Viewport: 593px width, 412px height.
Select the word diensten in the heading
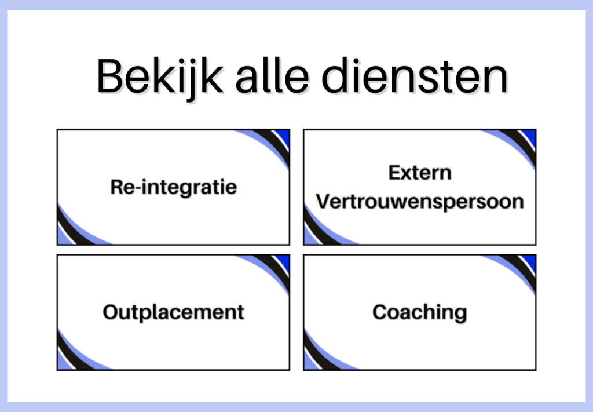click(x=415, y=76)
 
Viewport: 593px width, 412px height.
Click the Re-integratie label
click(x=174, y=188)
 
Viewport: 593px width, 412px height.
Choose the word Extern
click(x=420, y=173)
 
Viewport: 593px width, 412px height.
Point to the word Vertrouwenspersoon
click(x=420, y=202)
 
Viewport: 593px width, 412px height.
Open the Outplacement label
click(x=174, y=312)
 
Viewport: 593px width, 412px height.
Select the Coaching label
click(x=420, y=312)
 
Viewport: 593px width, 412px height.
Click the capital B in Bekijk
click(x=111, y=76)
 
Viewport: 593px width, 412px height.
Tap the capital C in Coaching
click(x=380, y=312)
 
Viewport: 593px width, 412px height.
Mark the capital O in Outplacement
click(x=111, y=312)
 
